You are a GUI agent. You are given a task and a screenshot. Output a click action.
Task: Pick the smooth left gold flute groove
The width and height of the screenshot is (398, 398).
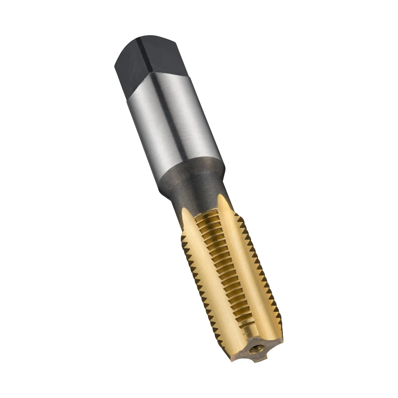211,279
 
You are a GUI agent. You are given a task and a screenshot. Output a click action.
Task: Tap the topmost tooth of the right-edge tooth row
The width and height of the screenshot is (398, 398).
238,217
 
